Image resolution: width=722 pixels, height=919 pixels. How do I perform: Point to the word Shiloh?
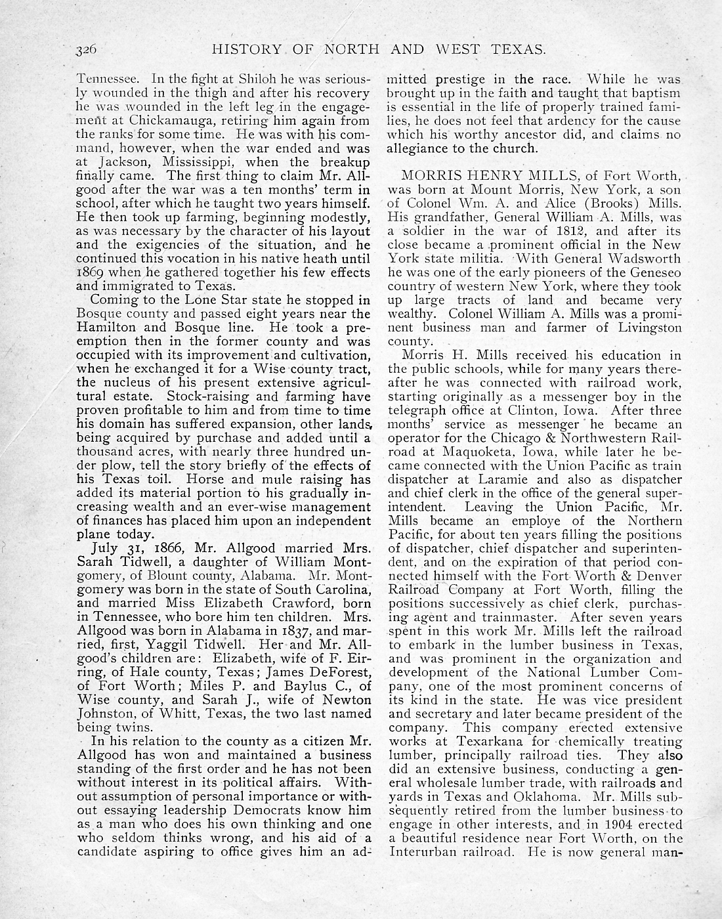pos(208,80)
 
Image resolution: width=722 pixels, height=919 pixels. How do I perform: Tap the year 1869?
pos(91,273)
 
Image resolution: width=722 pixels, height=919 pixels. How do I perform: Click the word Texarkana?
pos(478,741)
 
